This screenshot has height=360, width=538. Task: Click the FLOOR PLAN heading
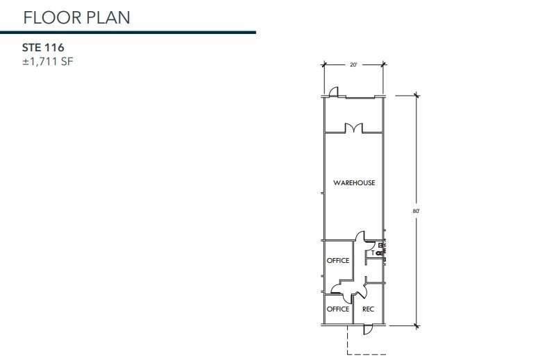pyautogui.click(x=76, y=17)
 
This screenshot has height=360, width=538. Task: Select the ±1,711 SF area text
pyautogui.click(x=48, y=62)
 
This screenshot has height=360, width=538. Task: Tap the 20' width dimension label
pyautogui.click(x=353, y=65)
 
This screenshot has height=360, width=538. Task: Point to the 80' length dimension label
pyautogui.click(x=417, y=209)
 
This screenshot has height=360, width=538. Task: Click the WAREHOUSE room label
pyautogui.click(x=354, y=182)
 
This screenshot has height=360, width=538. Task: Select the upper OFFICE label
pyautogui.click(x=338, y=261)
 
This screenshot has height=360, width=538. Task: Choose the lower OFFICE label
pyautogui.click(x=338, y=309)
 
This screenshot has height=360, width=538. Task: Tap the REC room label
pyautogui.click(x=369, y=309)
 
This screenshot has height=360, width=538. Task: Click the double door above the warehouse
pyautogui.click(x=354, y=128)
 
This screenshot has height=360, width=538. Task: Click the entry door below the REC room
pyautogui.click(x=369, y=329)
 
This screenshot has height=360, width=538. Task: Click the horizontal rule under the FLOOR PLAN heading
pyautogui.click(x=128, y=32)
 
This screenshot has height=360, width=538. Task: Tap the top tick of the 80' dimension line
pyautogui.click(x=417, y=95)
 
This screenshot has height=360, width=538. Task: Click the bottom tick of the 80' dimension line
pyautogui.click(x=417, y=325)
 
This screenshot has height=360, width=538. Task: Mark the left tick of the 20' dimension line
pyautogui.click(x=323, y=65)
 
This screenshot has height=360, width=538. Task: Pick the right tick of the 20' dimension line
pyautogui.click(x=384, y=65)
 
